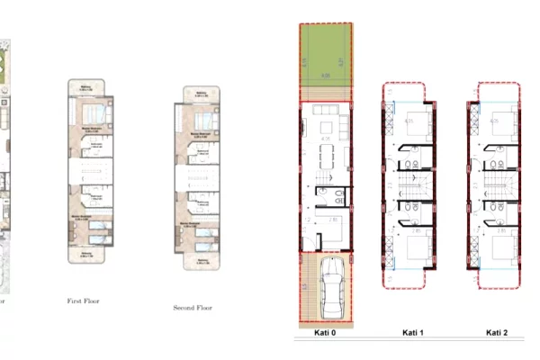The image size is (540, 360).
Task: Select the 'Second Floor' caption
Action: [x=194, y=308]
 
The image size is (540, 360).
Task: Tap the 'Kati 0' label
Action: [x=325, y=332]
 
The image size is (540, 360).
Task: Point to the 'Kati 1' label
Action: [x=411, y=332]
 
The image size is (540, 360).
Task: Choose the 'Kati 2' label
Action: [x=497, y=332]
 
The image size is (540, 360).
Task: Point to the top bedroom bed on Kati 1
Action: [x=416, y=124]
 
